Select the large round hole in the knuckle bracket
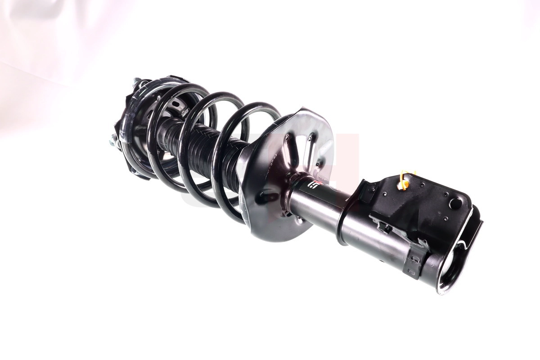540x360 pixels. pos(455,203)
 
